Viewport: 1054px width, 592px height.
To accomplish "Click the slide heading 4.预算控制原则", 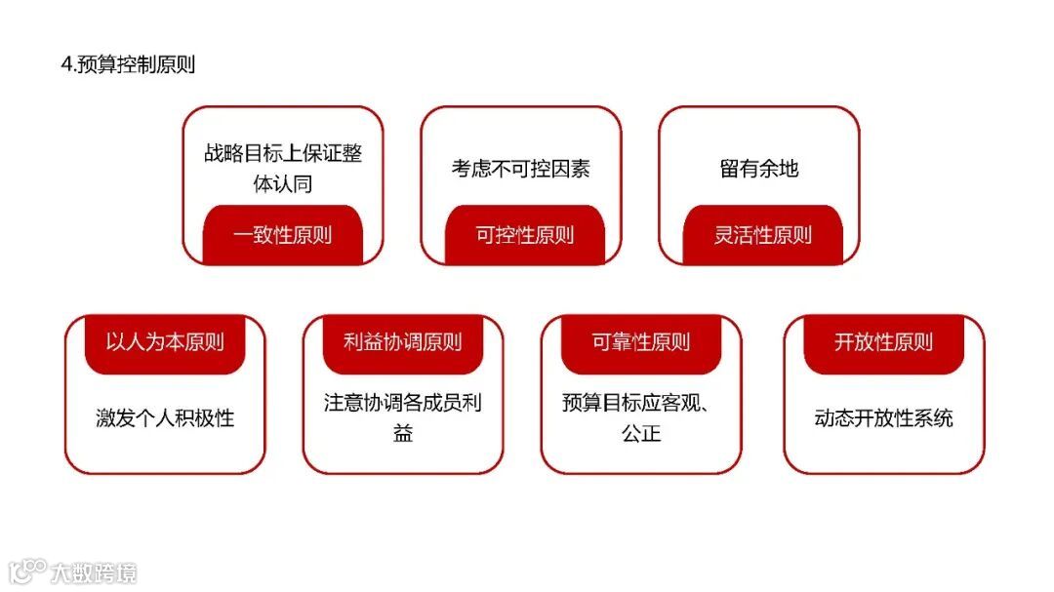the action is pyautogui.click(x=128, y=65).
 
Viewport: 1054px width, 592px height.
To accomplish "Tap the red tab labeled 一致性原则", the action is pyautogui.click(x=282, y=235).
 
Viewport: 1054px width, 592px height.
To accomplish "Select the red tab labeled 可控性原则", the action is pyautogui.click(x=524, y=235).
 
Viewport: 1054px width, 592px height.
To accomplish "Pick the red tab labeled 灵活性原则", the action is pyautogui.click(x=762, y=235).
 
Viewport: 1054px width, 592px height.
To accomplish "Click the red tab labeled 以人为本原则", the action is pyautogui.click(x=164, y=342).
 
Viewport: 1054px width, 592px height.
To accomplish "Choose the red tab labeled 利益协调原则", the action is pyautogui.click(x=402, y=342).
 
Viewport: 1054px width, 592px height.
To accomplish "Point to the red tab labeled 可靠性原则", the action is pyautogui.click(x=640, y=342).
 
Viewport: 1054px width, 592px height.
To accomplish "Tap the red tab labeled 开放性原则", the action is pyautogui.click(x=883, y=342).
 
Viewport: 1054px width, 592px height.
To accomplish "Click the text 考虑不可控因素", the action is pyautogui.click(x=520, y=169).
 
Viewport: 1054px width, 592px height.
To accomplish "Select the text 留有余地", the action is pyautogui.click(x=758, y=169).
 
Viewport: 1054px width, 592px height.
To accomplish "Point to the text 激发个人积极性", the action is pyautogui.click(x=165, y=418).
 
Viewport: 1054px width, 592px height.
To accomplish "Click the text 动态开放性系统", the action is pyautogui.click(x=883, y=418).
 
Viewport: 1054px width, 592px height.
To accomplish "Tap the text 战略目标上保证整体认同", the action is pyautogui.click(x=282, y=168).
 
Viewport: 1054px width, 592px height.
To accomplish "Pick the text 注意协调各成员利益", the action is pyautogui.click(x=402, y=416).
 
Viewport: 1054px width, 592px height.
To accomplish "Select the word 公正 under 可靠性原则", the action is pyautogui.click(x=640, y=432).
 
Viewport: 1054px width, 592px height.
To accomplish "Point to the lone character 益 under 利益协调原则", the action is pyautogui.click(x=402, y=432).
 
